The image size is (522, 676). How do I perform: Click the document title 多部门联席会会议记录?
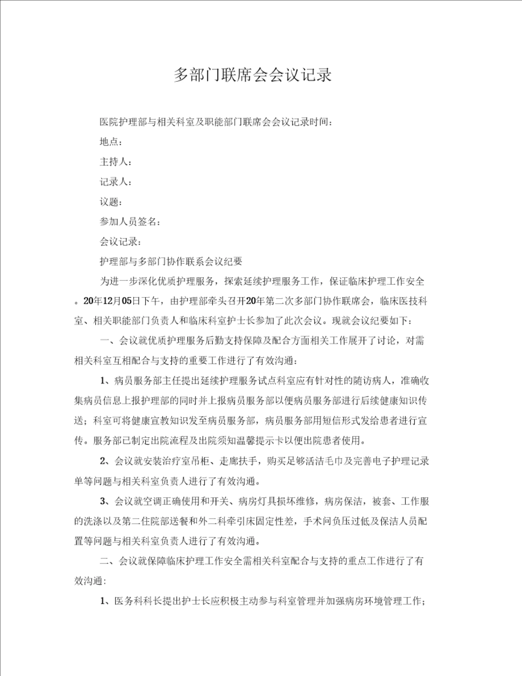coord(252,75)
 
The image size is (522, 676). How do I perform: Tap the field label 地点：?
coord(111,142)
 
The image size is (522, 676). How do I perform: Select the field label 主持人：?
coord(115,162)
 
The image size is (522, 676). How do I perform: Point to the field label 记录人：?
coord(115,182)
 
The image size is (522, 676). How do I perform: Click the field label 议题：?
coord(111,202)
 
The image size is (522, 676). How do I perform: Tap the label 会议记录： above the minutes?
coord(120,242)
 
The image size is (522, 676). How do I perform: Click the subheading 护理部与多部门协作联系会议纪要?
coord(170,262)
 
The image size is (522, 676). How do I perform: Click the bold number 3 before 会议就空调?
coord(103,501)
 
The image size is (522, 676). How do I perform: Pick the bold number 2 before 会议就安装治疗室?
coord(103,461)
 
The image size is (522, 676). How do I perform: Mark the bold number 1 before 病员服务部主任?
coord(103,381)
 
